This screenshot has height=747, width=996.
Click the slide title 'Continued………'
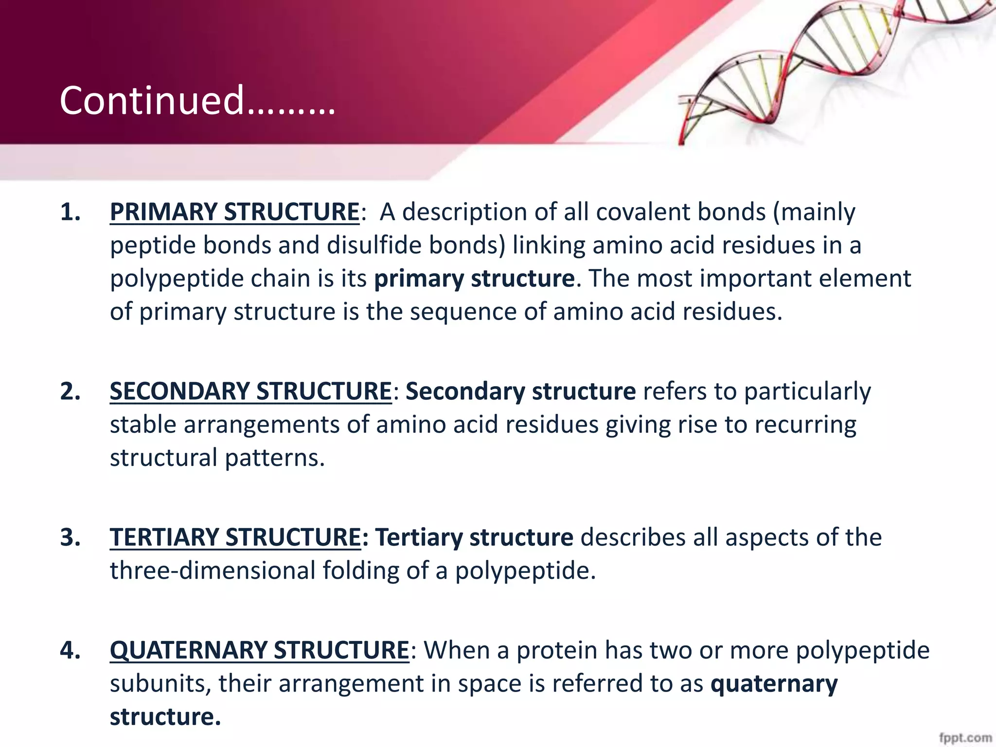tap(197, 101)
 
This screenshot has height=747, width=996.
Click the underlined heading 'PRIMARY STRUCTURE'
tap(234, 212)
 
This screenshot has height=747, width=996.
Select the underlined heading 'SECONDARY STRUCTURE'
tap(250, 391)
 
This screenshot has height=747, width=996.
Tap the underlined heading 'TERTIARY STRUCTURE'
tap(235, 538)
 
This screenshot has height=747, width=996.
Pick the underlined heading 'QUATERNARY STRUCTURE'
tap(259, 650)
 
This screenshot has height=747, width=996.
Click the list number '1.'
tap(71, 213)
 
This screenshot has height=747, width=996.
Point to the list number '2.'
tap(71, 391)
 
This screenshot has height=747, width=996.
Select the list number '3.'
tap(71, 538)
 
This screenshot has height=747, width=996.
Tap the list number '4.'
tap(71, 650)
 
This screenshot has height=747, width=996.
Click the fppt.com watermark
tap(965, 738)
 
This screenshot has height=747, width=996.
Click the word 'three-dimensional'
tap(213, 570)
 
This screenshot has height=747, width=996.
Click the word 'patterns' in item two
tap(275, 458)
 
